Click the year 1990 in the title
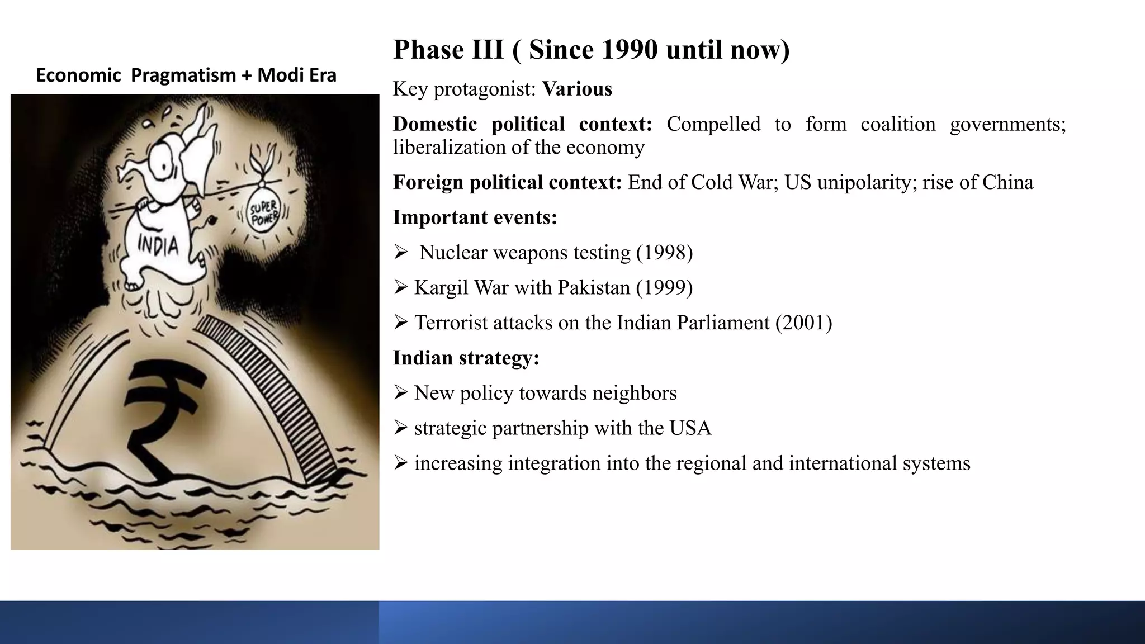(629, 50)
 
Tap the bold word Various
(577, 89)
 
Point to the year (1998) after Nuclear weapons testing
(664, 253)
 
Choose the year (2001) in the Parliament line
(803, 323)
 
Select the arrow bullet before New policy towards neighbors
(400, 393)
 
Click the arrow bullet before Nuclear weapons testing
(400, 253)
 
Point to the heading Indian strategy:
(466, 358)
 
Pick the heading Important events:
(475, 217)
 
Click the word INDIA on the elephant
(158, 245)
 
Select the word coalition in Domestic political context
(897, 124)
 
